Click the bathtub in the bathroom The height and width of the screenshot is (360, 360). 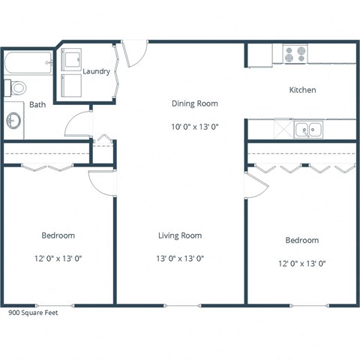28,62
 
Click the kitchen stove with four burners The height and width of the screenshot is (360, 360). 295,54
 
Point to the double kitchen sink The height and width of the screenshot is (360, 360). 307,129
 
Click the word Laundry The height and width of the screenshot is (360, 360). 97,72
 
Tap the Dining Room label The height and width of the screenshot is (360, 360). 195,103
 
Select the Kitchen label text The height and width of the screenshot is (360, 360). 303,90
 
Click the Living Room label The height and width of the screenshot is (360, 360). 180,235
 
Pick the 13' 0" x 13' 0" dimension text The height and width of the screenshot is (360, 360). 180,258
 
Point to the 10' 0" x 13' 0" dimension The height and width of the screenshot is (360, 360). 195,127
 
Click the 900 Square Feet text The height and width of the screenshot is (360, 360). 33,313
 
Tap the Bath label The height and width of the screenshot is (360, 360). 37,105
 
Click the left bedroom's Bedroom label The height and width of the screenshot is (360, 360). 56,235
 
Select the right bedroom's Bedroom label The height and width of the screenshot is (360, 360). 302,240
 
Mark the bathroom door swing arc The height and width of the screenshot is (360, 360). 78,124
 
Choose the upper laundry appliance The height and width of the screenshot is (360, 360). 72,58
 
